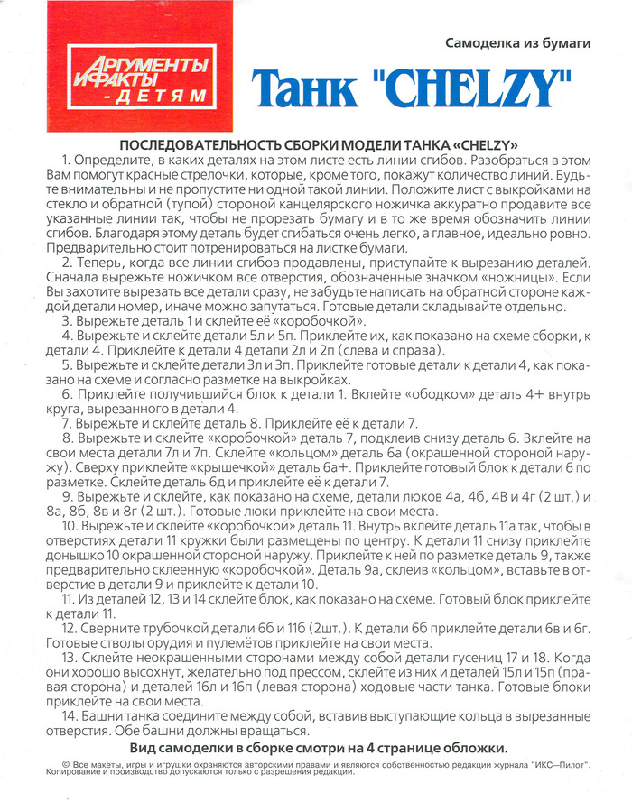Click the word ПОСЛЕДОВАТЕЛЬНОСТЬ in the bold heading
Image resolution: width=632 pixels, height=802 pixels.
coord(199,144)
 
